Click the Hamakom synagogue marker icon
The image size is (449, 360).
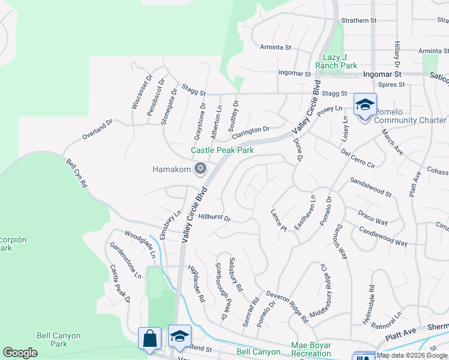click(x=200, y=169)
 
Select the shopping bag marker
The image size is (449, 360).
click(x=149, y=338)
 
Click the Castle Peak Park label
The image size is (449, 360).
click(x=222, y=150)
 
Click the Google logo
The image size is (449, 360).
click(x=20, y=353)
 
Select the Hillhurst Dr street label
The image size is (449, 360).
click(x=214, y=218)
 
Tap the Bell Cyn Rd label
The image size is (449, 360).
click(x=77, y=173)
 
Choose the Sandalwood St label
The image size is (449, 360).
click(x=370, y=187)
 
